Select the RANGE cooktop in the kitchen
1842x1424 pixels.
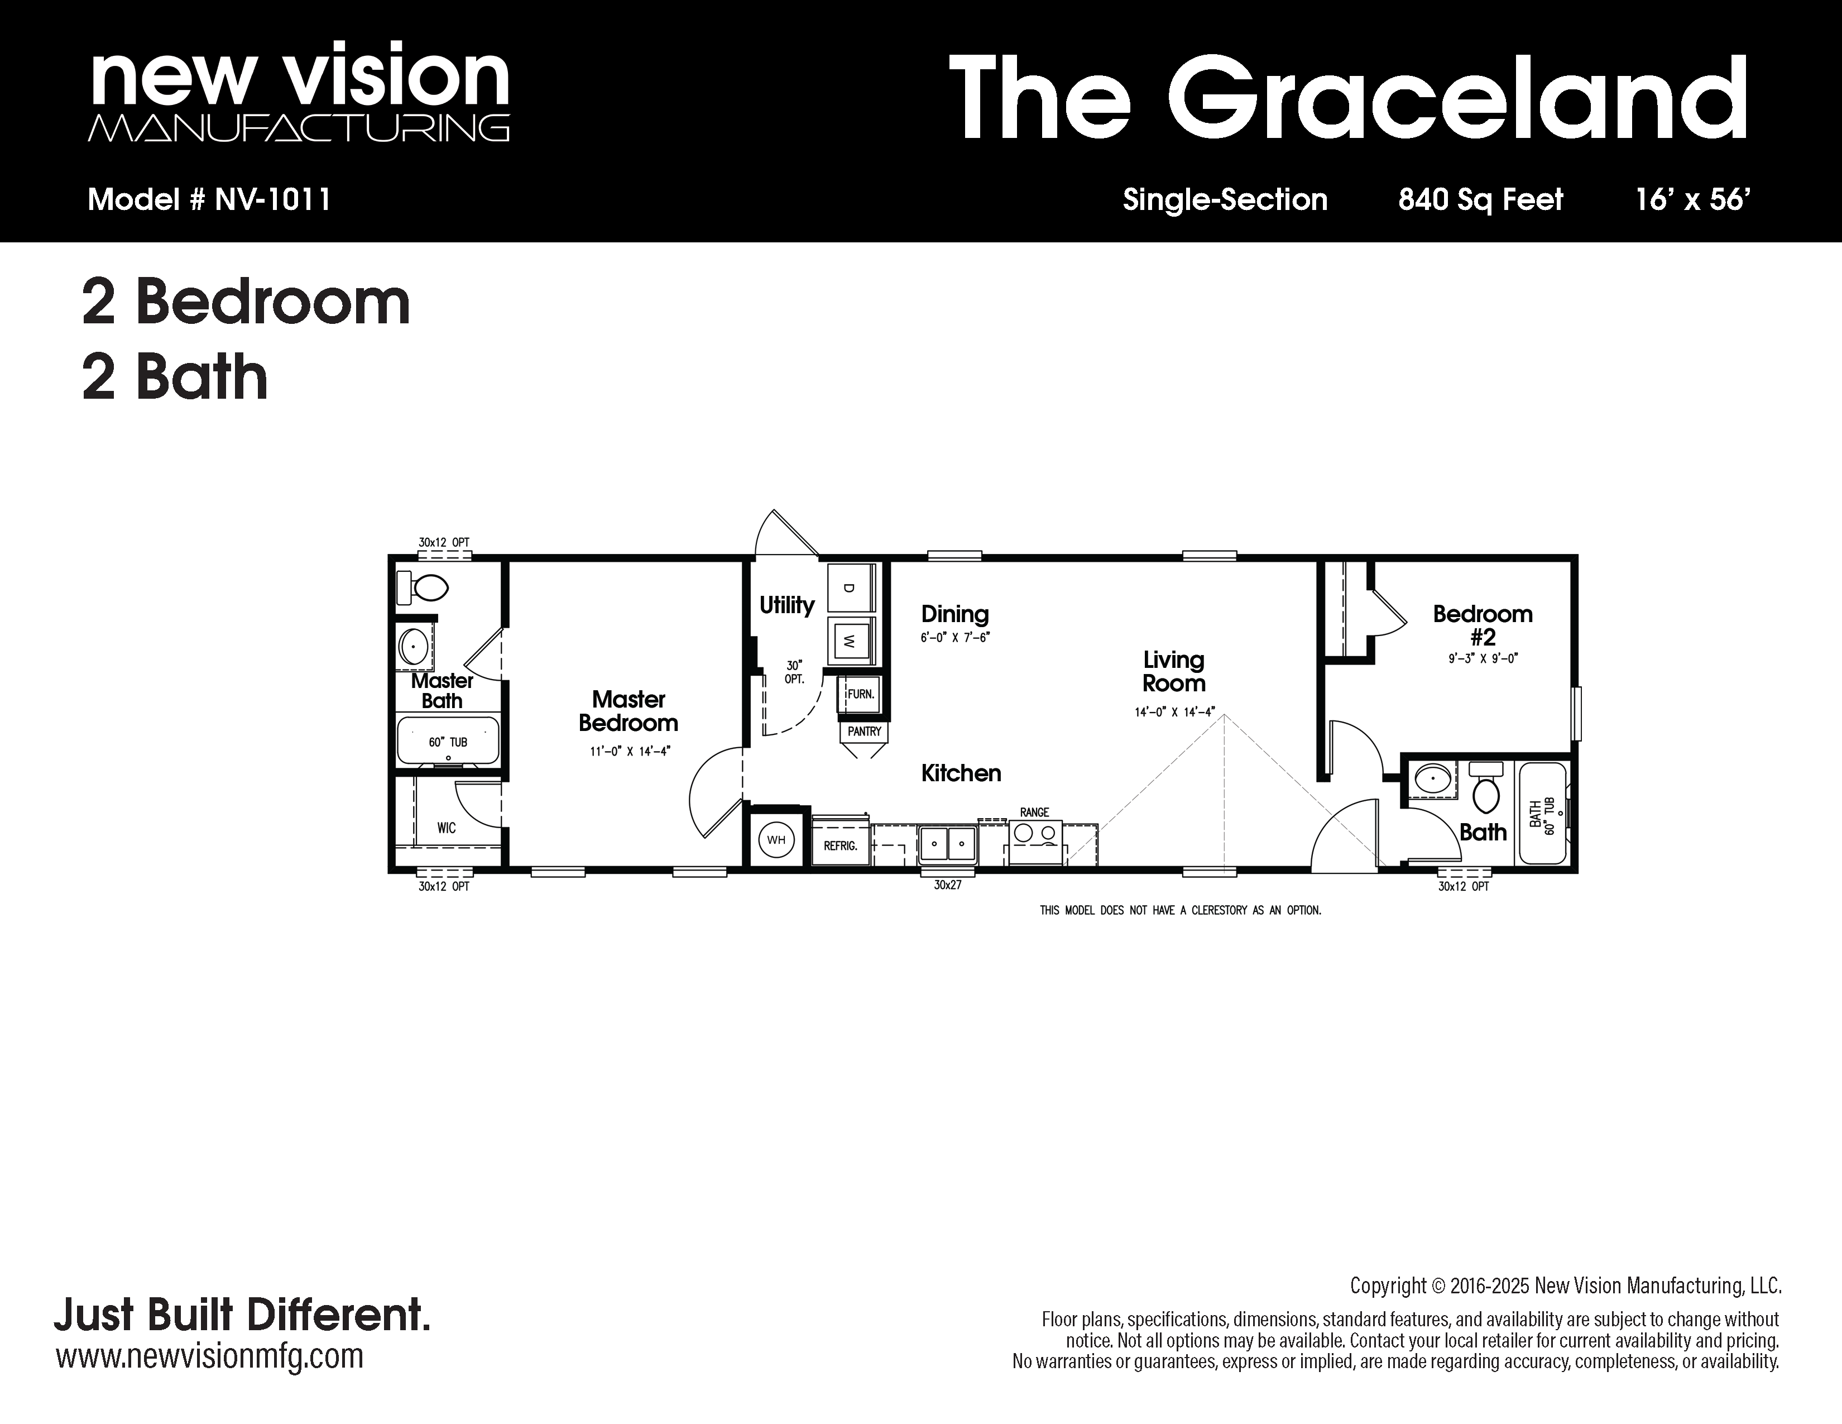(1035, 839)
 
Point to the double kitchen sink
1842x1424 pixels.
(948, 842)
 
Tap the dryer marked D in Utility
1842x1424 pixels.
(850, 587)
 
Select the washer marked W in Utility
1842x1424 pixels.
(850, 641)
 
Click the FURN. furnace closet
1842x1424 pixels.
(860, 694)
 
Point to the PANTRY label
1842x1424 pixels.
(865, 732)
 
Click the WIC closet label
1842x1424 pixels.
(446, 828)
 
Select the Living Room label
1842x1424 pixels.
(1174, 671)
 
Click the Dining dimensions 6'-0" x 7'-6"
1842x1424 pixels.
(954, 638)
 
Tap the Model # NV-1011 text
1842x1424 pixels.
(209, 200)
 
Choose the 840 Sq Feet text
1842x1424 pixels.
(1481, 200)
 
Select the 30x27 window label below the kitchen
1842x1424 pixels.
(948, 886)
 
